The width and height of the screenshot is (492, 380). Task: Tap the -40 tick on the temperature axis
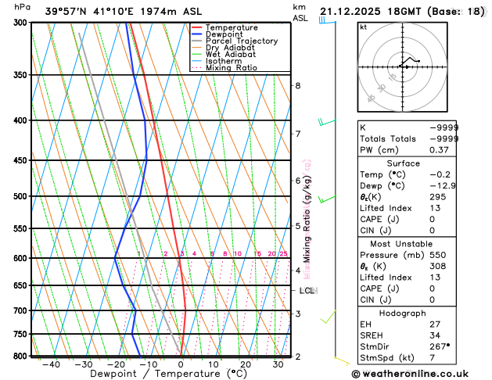pos(52,364)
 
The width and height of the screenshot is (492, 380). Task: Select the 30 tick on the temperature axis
pos(278,364)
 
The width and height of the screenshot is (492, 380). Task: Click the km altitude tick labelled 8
pos(297,85)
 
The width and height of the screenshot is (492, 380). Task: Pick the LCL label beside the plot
pos(307,291)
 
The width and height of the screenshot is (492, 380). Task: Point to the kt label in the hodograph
pos(363,27)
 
